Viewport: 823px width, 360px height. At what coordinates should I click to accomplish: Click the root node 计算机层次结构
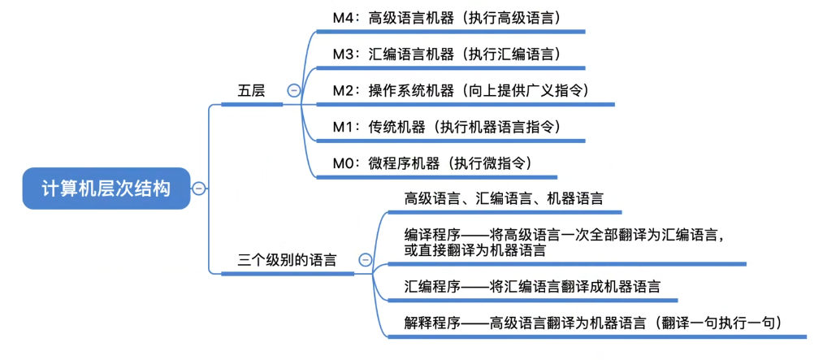(x=106, y=189)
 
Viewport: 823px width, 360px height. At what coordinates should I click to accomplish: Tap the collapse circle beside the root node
(x=199, y=189)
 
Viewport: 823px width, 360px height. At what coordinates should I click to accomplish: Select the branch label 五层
(x=251, y=91)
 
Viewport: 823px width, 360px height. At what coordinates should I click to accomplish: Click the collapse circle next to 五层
(x=293, y=91)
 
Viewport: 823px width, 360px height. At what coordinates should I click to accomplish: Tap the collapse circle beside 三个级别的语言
(x=365, y=260)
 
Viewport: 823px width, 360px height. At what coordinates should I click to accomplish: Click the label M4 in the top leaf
(x=345, y=17)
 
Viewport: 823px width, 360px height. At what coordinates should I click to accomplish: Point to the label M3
(x=345, y=54)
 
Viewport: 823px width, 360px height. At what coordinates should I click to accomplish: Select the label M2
(x=345, y=90)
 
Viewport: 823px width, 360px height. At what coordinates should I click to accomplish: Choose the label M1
(x=344, y=127)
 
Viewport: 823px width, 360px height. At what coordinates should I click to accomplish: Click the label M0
(x=345, y=163)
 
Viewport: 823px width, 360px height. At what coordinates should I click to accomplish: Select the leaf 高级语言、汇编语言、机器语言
(x=504, y=197)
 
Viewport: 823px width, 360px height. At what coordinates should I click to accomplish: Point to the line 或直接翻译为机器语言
(x=475, y=251)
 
